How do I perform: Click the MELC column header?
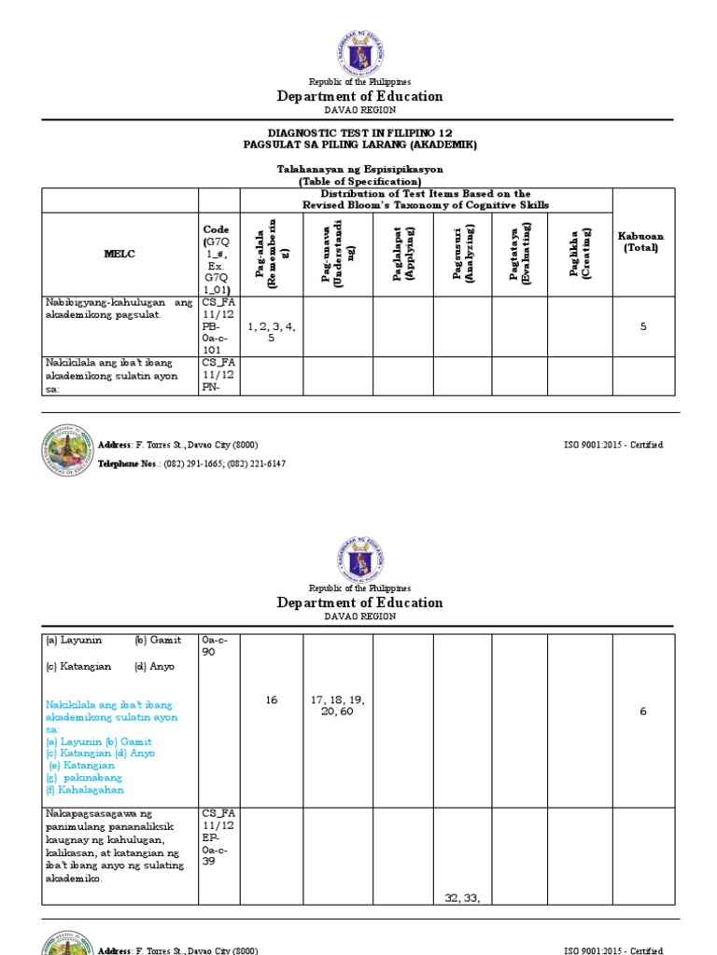(x=119, y=254)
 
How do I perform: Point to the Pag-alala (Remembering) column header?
(x=272, y=254)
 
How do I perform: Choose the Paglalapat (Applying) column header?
(x=403, y=254)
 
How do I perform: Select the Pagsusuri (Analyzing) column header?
(x=462, y=254)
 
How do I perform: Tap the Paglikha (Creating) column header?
(x=580, y=254)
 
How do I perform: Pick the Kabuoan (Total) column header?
(x=642, y=242)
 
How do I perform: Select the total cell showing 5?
(x=642, y=326)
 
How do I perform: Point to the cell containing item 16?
(x=272, y=699)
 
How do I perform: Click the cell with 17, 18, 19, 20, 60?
(x=337, y=705)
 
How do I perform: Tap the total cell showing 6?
(x=642, y=712)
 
